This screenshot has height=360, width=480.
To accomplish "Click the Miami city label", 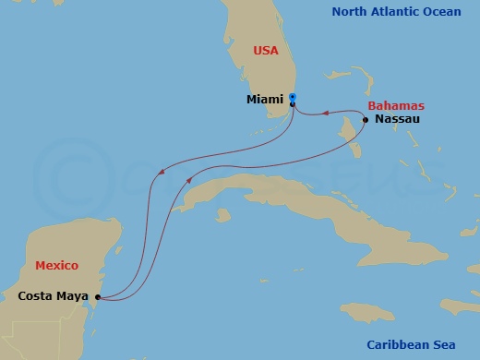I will click(x=265, y=99).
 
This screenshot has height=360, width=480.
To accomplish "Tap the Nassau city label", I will click(x=396, y=120).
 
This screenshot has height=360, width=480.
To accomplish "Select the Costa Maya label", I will click(x=53, y=296).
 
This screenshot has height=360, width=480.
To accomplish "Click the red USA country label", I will click(x=266, y=50).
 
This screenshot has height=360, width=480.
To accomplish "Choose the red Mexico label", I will click(x=55, y=266).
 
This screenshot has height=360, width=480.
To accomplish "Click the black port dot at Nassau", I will click(x=366, y=120).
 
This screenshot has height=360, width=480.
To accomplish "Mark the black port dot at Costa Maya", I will click(x=95, y=297).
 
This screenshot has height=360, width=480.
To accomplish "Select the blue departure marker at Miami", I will click(x=292, y=96).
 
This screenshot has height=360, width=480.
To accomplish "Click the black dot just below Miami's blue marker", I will click(x=292, y=104).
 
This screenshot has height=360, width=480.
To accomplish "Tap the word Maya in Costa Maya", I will click(x=73, y=296).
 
